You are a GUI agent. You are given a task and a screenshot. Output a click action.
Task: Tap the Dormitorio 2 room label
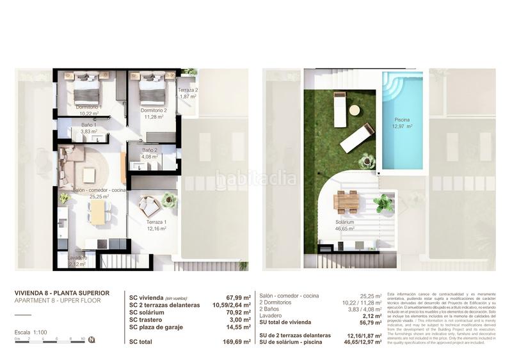154,110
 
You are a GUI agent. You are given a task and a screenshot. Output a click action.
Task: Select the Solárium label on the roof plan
345,221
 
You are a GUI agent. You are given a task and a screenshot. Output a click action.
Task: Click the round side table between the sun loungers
354,110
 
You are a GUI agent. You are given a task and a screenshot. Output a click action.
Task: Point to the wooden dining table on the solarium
346,203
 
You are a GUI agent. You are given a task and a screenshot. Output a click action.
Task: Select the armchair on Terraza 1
150,207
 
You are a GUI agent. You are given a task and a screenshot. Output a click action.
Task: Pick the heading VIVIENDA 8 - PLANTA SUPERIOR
61,293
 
